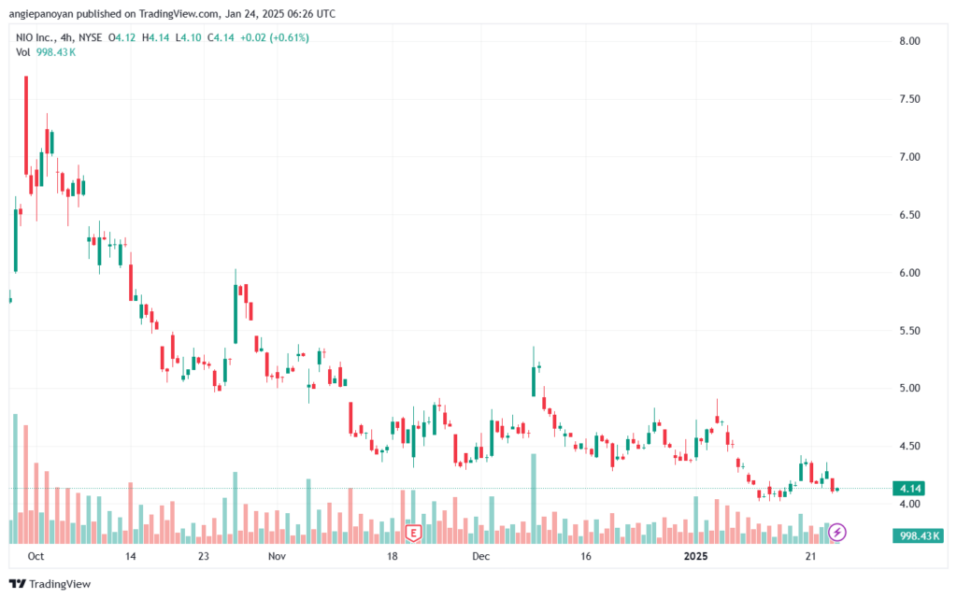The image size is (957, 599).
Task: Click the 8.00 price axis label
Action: point(909,41)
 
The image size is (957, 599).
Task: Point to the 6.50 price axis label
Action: point(909,215)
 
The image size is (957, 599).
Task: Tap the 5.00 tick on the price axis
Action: point(909,388)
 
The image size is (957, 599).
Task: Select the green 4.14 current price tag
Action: point(909,489)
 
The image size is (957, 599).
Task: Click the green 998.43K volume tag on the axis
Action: point(919,535)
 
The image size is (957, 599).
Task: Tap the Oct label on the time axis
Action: point(36,556)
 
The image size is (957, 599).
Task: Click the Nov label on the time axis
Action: point(277,556)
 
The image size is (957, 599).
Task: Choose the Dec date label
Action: point(481,556)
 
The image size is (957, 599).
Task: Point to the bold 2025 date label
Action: point(695,556)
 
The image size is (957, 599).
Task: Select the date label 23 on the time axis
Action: point(203,556)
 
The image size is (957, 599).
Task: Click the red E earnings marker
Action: point(414,534)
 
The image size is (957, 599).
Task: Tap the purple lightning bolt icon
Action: point(837,532)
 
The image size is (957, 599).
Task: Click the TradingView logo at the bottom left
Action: point(50,584)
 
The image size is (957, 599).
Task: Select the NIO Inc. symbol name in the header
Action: point(35,37)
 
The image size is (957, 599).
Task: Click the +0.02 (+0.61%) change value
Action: point(275,37)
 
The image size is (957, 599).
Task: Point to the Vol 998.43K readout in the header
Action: point(46,52)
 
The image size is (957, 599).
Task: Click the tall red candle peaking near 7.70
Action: point(26,125)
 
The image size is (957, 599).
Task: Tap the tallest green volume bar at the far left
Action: point(15,478)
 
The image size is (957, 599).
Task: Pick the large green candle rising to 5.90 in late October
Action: point(236,314)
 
